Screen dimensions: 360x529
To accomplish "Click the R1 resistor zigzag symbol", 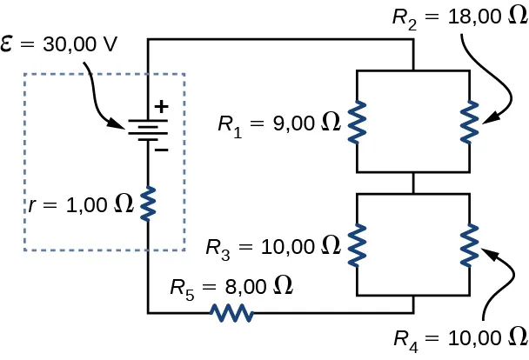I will pos(357,121).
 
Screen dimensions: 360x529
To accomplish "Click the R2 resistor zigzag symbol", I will pos(470,121).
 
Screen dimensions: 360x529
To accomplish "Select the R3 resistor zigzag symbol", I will pos(357,243).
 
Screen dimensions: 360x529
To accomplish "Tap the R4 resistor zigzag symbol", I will pos(470,243).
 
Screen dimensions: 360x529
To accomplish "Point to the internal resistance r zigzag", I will pos(148,203).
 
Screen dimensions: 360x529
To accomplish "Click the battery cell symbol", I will pos(147,130).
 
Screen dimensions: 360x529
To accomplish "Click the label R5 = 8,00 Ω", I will pos(231,285).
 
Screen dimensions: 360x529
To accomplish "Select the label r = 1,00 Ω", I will pos(80,204).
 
